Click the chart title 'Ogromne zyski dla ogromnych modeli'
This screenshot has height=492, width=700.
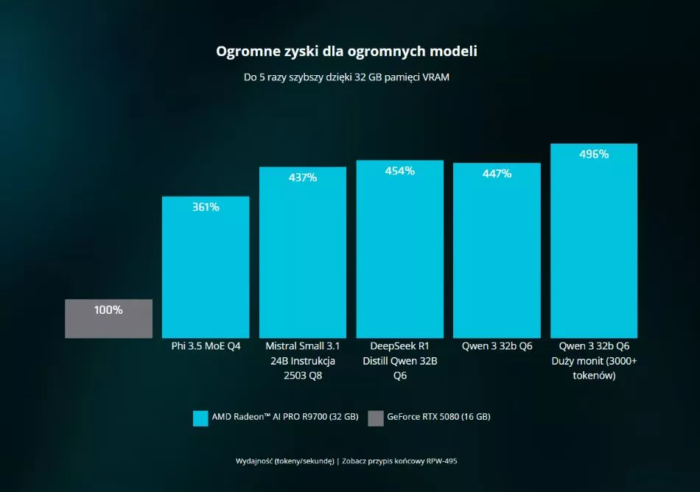pyautogui.click(x=346, y=52)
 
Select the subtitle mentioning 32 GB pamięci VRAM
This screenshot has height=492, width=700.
pyautogui.click(x=346, y=77)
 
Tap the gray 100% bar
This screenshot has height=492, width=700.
pyautogui.click(x=108, y=318)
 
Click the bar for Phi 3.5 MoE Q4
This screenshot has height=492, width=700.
pyautogui.click(x=206, y=267)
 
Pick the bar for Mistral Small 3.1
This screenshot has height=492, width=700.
pyautogui.click(x=303, y=253)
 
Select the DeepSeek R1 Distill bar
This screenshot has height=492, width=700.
pyautogui.click(x=400, y=249)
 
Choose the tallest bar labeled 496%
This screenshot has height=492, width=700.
pyautogui.click(x=594, y=241)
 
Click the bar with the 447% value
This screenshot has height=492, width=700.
pyautogui.click(x=497, y=250)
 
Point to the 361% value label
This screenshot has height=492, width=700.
pyautogui.click(x=206, y=207)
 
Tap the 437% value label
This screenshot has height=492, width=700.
pyautogui.click(x=303, y=178)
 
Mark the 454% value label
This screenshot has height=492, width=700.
pyautogui.click(x=400, y=171)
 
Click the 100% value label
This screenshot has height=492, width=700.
pyautogui.click(x=108, y=309)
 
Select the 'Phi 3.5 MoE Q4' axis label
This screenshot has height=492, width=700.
pyautogui.click(x=206, y=346)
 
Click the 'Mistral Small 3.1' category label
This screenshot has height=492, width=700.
pyautogui.click(x=303, y=346)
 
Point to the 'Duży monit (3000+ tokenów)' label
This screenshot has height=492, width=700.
pyautogui.click(x=594, y=368)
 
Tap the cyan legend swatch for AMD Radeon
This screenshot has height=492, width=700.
pyautogui.click(x=200, y=418)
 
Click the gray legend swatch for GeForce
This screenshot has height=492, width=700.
pyautogui.click(x=376, y=418)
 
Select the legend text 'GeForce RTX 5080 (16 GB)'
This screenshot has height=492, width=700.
pyautogui.click(x=438, y=417)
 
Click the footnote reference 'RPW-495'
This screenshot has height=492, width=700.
pyautogui.click(x=441, y=461)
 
